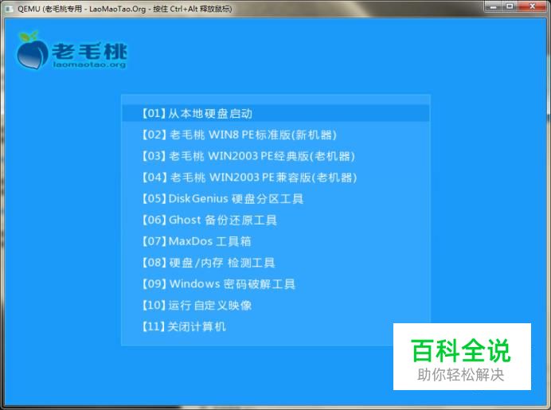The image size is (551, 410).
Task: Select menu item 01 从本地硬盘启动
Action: click(x=197, y=114)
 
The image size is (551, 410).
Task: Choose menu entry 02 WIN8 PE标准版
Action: click(x=240, y=135)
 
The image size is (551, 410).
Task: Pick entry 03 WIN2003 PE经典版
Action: click(x=248, y=156)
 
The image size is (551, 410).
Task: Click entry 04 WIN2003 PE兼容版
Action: click(x=249, y=178)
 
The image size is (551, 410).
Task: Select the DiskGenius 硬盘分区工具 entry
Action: click(x=222, y=199)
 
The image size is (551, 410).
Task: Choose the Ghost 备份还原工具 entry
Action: click(x=209, y=221)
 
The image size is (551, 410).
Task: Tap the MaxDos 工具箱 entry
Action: click(x=197, y=241)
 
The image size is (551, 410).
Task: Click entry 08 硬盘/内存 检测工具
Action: click(x=209, y=263)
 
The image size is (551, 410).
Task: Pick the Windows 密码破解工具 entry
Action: click(x=218, y=284)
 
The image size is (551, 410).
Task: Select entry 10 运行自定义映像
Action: click(x=197, y=305)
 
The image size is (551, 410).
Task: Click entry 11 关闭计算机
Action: click(x=184, y=326)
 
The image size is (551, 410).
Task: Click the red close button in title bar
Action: click(x=533, y=6)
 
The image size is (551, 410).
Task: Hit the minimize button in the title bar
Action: click(x=494, y=6)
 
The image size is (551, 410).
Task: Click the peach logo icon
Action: click(x=32, y=50)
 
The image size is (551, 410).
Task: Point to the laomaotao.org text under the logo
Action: click(x=90, y=65)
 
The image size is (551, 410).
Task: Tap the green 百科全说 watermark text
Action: click(x=461, y=350)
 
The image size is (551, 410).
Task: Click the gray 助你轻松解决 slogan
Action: click(x=461, y=375)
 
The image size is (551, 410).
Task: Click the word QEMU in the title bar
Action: click(x=29, y=9)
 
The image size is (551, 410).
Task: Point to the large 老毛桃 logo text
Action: click(x=89, y=51)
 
